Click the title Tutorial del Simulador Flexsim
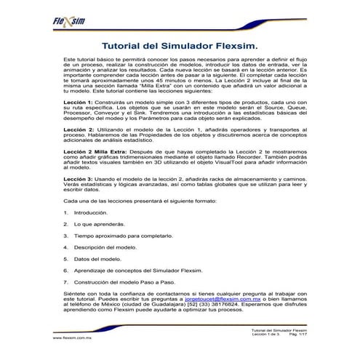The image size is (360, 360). [x=179, y=44]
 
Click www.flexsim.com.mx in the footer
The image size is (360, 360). [x=70, y=338]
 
